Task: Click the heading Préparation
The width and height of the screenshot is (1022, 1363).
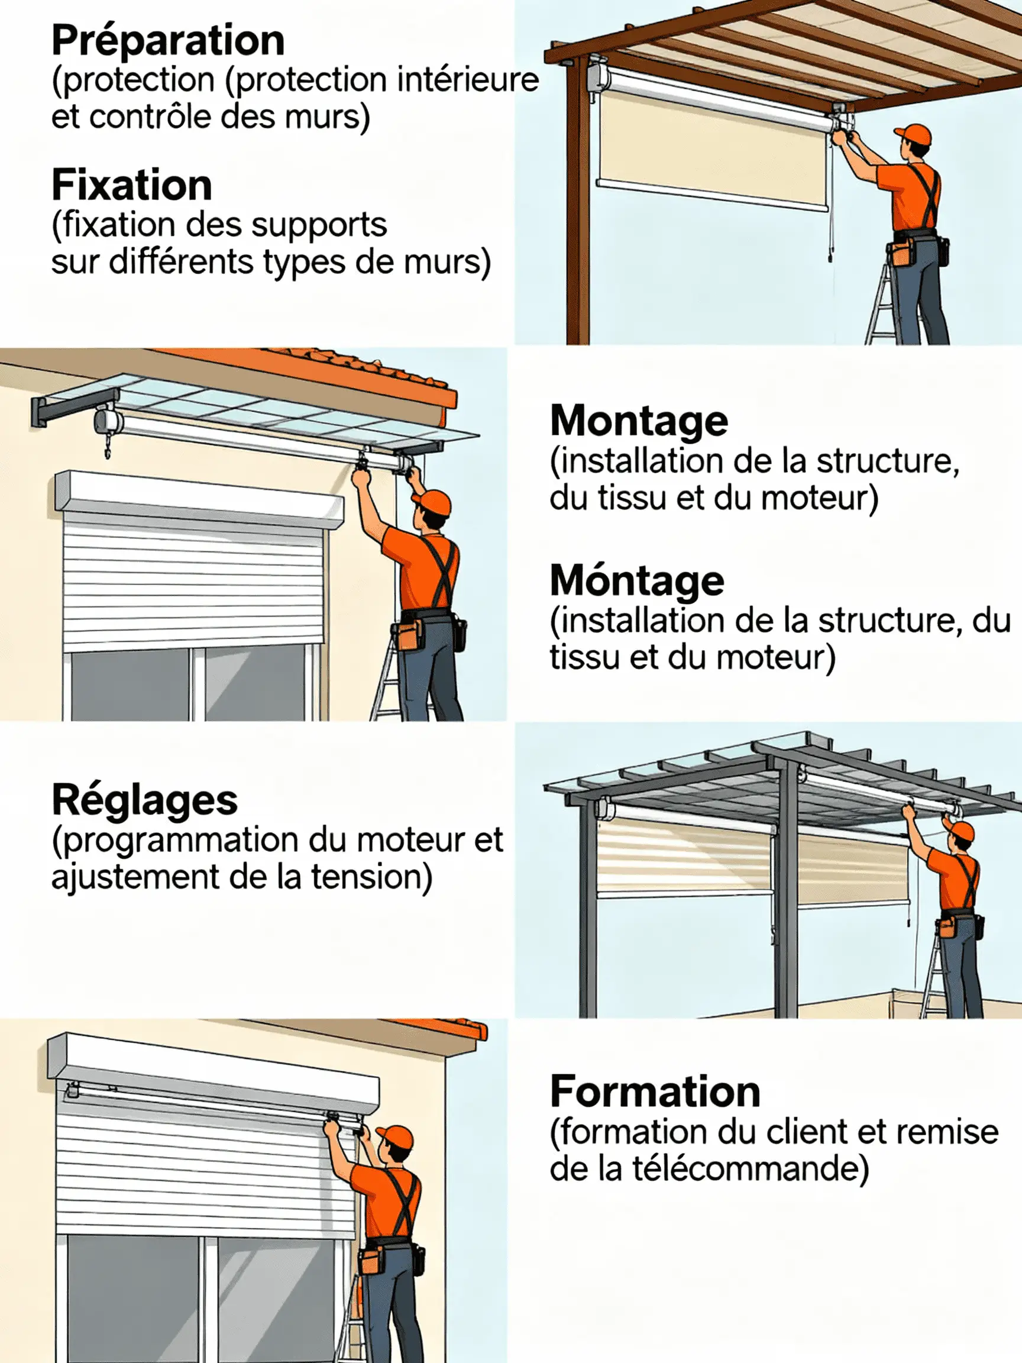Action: tap(167, 41)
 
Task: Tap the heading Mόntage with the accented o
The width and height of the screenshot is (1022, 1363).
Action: tap(636, 581)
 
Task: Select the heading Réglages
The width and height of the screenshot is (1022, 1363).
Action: tap(144, 800)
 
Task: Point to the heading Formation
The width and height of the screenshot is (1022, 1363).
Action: tap(655, 1092)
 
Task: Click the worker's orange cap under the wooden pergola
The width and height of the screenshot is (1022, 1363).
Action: tap(914, 134)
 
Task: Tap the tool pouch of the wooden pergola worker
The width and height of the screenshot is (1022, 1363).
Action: tap(903, 253)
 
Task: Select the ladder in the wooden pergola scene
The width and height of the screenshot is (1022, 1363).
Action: tap(881, 308)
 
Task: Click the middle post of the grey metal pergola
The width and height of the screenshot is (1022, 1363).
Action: tap(785, 893)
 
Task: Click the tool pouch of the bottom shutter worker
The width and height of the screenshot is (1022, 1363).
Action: tap(371, 1258)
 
